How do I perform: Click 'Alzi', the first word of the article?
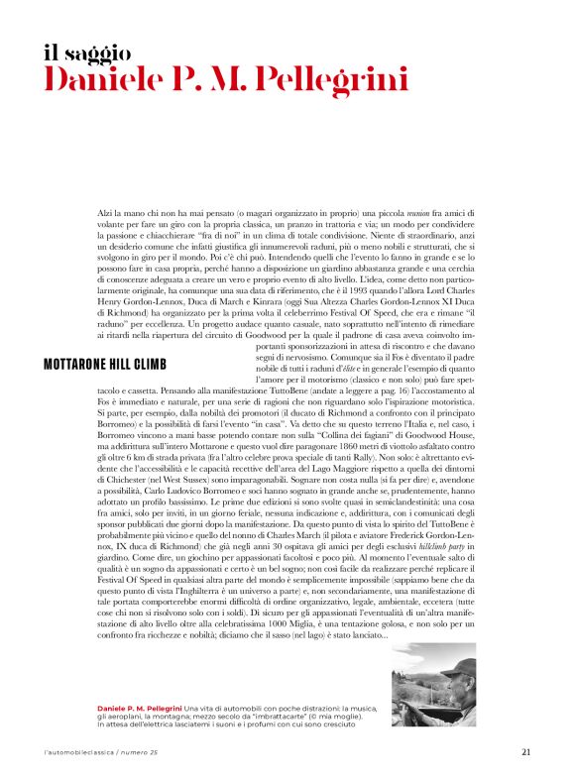[x=107, y=214]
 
